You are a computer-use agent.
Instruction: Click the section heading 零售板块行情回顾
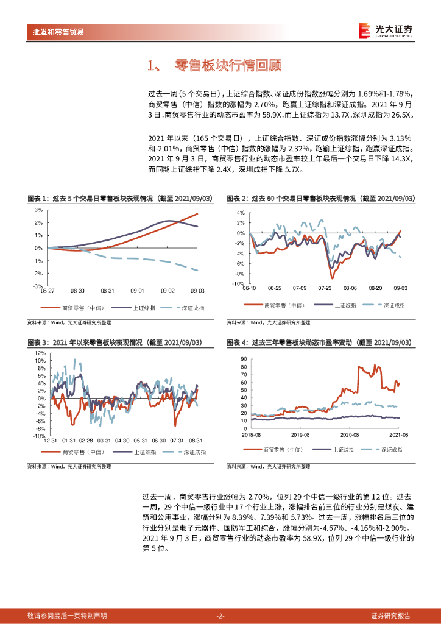click(219, 66)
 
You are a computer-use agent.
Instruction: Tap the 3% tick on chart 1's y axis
click(38, 210)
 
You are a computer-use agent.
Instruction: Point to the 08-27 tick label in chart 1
click(48, 291)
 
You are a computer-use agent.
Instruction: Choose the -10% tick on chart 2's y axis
click(236, 283)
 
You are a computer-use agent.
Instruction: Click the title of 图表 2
click(320, 199)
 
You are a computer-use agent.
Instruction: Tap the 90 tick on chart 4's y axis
click(244, 359)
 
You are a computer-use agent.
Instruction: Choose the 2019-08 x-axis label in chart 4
click(300, 435)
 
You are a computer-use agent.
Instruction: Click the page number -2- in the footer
click(220, 615)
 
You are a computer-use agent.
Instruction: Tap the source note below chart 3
click(69, 466)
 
